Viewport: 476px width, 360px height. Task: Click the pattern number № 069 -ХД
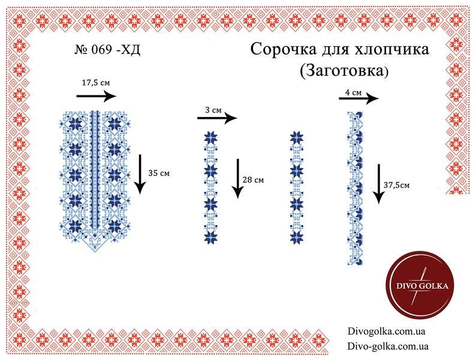[107, 50]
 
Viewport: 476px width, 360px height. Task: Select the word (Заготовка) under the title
[344, 70]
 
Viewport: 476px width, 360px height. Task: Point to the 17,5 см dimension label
[96, 83]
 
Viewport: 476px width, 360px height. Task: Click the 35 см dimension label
[159, 173]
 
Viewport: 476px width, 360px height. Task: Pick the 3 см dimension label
[213, 110]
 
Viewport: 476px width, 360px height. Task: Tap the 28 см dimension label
[253, 180]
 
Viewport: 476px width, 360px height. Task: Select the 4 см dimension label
[353, 92]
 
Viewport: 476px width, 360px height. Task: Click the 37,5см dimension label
[396, 185]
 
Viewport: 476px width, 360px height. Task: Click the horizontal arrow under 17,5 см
[97, 97]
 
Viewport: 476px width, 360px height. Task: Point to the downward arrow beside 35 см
[140, 175]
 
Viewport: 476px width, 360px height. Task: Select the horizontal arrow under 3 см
[217, 118]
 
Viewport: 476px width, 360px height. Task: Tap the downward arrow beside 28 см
[238, 179]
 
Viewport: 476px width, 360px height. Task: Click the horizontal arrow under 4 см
[359, 99]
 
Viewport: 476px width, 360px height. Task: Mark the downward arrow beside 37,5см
[378, 184]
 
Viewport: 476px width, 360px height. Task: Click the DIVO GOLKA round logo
[420, 285]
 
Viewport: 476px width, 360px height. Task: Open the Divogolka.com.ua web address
[387, 331]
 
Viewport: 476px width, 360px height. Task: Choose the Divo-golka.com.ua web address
[388, 346]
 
